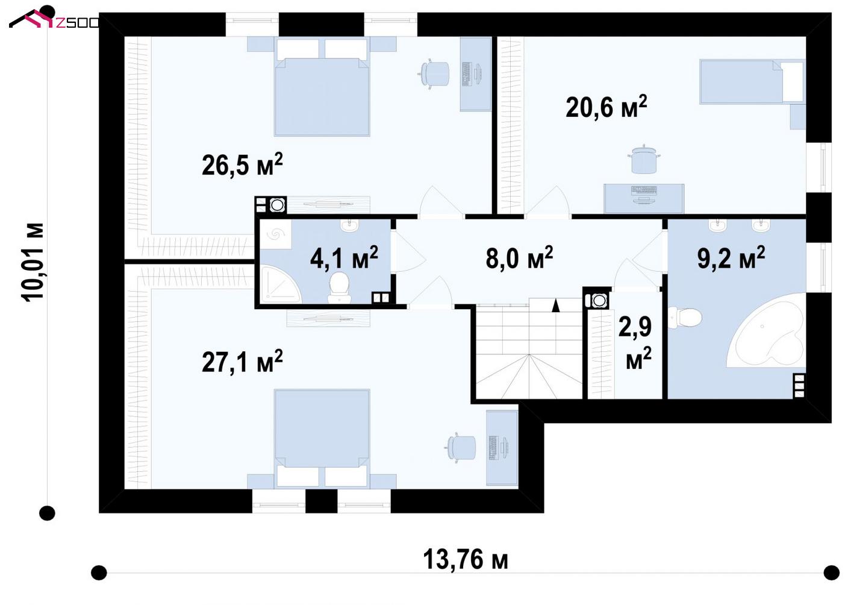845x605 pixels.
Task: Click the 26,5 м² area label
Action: (242, 165)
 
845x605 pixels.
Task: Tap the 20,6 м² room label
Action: (606, 107)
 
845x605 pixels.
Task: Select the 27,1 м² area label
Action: (242, 361)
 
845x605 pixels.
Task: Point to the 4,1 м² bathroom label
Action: (344, 258)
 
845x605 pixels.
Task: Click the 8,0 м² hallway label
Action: (519, 258)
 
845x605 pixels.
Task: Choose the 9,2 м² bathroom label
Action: (731, 258)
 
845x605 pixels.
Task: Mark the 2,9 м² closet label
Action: (635, 343)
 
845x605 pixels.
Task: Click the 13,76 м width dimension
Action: (466, 559)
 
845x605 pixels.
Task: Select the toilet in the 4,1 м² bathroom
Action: (338, 287)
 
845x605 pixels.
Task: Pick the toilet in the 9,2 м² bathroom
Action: (685, 318)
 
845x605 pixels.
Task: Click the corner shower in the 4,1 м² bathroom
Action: (278, 285)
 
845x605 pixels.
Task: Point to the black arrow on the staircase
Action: (556, 306)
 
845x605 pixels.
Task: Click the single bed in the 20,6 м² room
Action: (752, 81)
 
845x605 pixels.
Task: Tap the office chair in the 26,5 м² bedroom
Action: (434, 74)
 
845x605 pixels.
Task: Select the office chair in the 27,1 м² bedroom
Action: (460, 447)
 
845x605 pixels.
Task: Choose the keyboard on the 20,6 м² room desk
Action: (644, 190)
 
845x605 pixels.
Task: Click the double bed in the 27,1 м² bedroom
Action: (322, 439)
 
